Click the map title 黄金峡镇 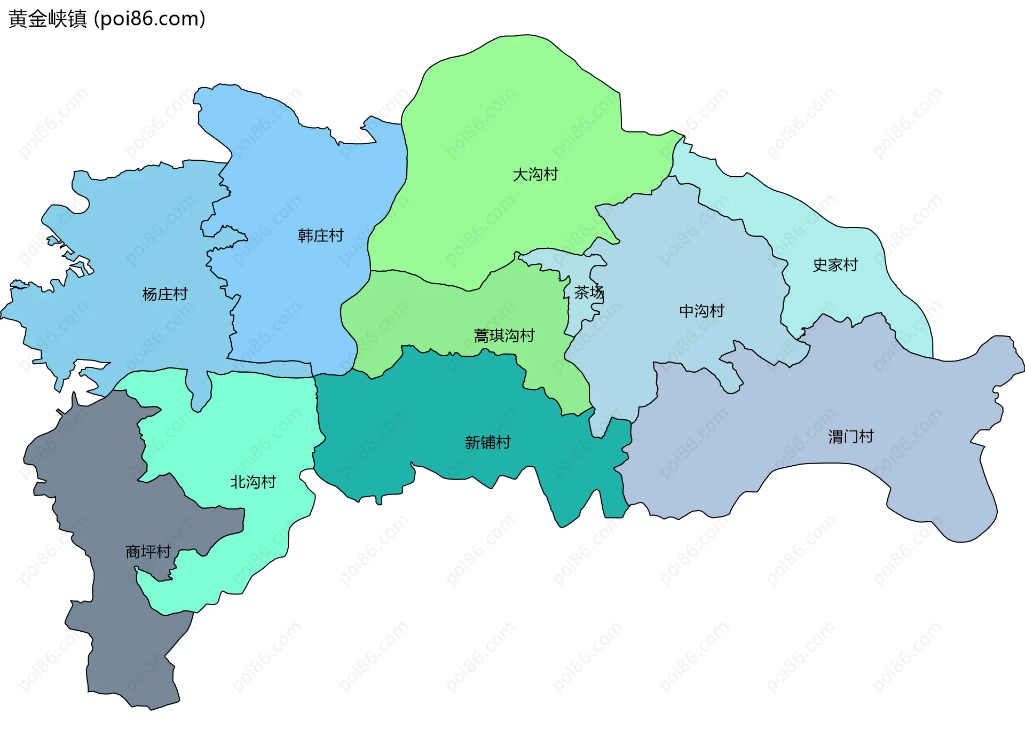(x=48, y=19)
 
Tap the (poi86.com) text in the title (x=150, y=19)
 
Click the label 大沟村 (x=535, y=175)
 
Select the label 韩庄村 (x=320, y=236)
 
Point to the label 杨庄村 (x=165, y=294)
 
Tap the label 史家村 (x=835, y=265)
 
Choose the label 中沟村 (x=701, y=311)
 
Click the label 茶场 (x=588, y=293)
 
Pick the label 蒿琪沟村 (x=504, y=336)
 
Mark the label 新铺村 (x=487, y=443)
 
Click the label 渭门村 (x=850, y=437)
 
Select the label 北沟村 (x=253, y=482)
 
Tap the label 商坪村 (x=148, y=552)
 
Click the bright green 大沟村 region (x=507, y=107)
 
